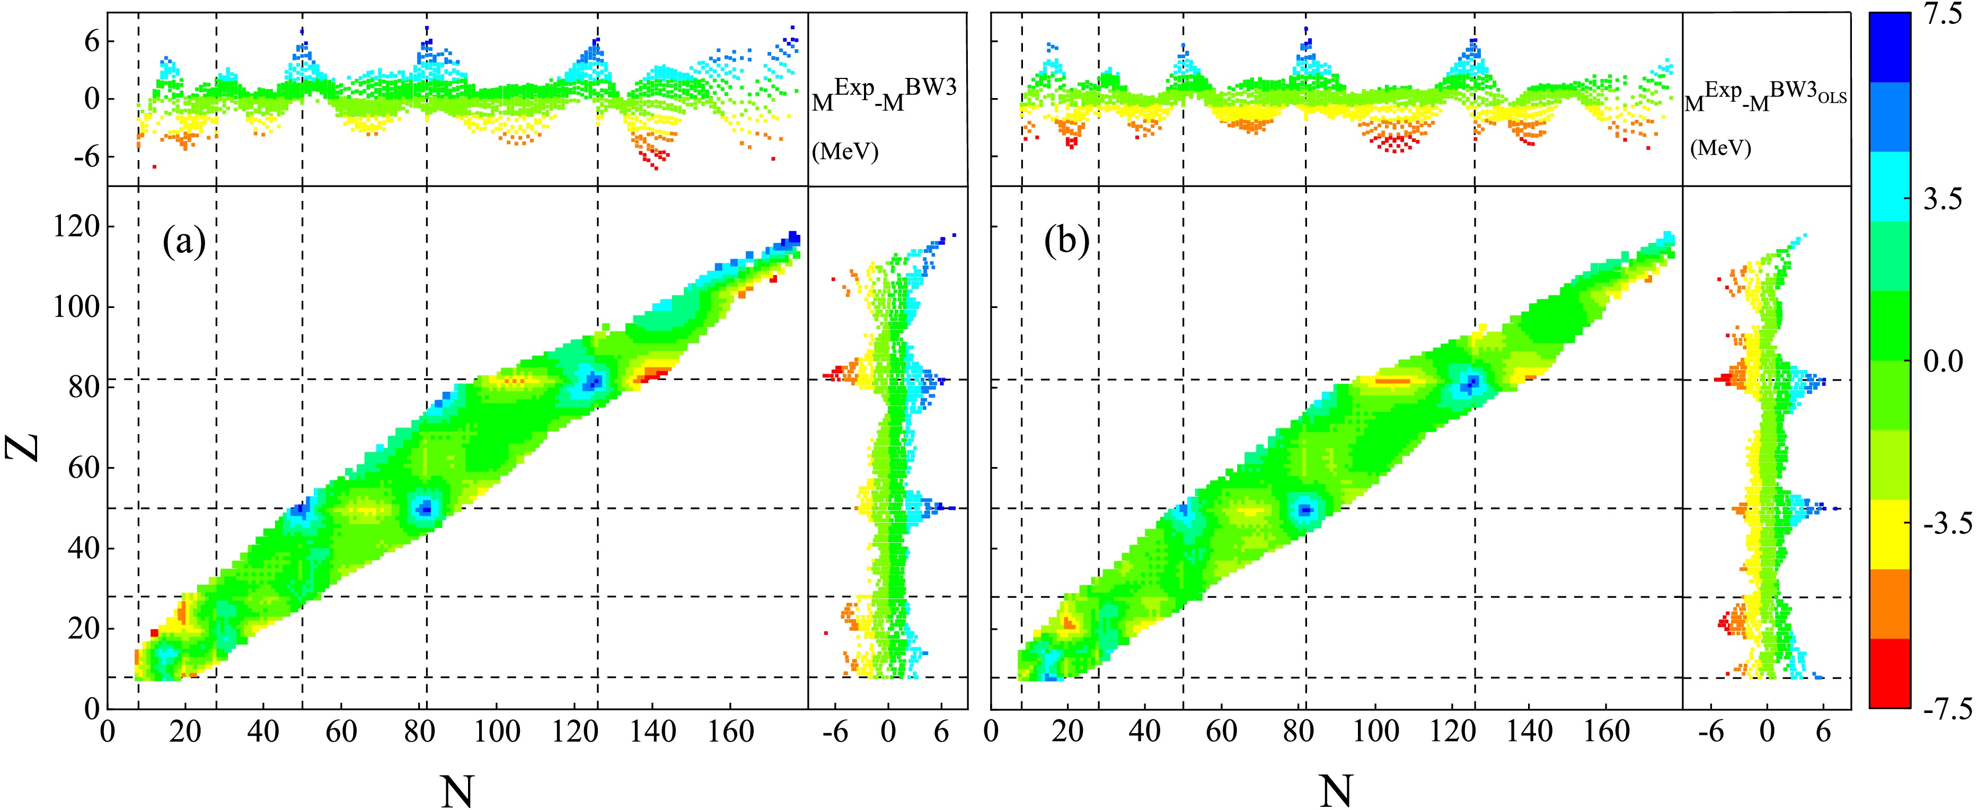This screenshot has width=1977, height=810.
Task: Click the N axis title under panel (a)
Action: pos(457,788)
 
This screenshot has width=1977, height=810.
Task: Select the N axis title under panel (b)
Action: pos(1335,788)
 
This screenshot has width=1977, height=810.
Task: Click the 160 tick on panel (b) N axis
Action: pos(1607,732)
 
